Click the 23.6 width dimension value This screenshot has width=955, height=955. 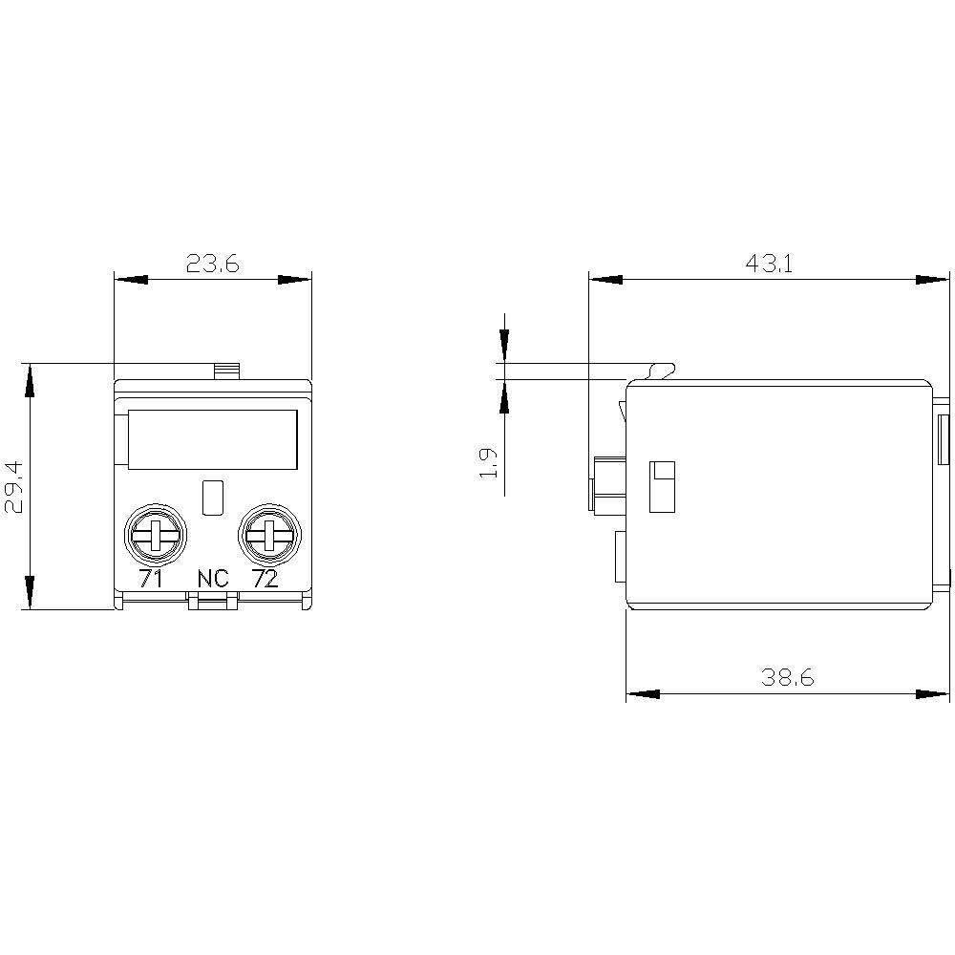pos(212,264)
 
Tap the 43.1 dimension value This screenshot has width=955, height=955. pos(770,264)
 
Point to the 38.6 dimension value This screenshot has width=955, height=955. pos(787,678)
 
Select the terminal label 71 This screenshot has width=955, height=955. pos(151,579)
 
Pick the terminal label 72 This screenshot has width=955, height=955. pos(265,579)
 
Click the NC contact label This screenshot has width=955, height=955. pos(213,579)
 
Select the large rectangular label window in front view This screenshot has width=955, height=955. pos(212,439)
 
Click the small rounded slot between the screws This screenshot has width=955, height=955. pos(214,497)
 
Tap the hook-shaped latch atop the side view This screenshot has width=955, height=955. pos(661,370)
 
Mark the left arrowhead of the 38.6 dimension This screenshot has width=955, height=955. pos(643,693)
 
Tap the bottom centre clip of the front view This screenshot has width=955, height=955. pos(212,601)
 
